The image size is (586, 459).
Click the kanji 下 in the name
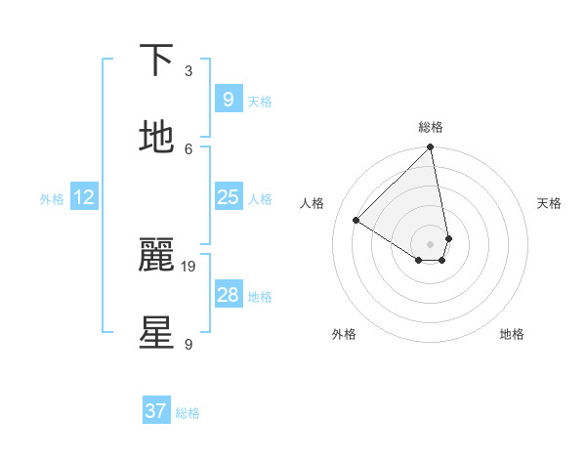tap(156, 60)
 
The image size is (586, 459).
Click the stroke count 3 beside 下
tap(188, 71)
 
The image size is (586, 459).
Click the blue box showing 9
tap(228, 99)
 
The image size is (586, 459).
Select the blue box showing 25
tap(228, 197)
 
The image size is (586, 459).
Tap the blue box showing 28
tap(228, 295)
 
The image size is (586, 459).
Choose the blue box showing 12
tap(84, 197)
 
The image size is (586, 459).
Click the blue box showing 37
tap(155, 411)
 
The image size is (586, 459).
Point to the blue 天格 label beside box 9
tap(260, 102)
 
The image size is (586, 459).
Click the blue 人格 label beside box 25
tap(260, 199)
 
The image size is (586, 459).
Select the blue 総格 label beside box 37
tap(188, 413)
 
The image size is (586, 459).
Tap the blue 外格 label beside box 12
tap(52, 199)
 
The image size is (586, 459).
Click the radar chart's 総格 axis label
tap(431, 127)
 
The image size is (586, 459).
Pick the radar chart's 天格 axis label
tap(549, 203)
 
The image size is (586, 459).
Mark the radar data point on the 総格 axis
tap(431, 148)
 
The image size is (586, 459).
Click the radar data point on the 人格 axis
tap(356, 220)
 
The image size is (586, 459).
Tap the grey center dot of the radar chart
tap(431, 243)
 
